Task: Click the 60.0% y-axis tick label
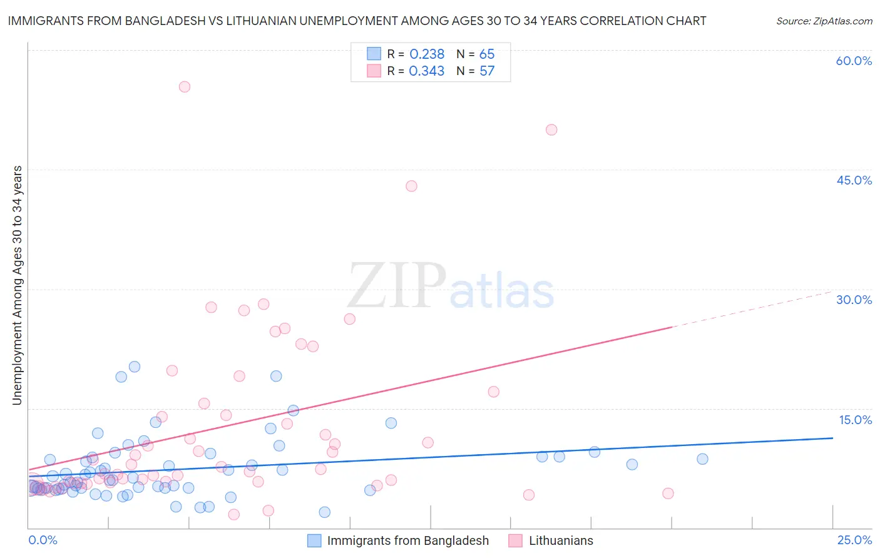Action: [x=854, y=61]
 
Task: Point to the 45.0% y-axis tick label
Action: [x=854, y=180]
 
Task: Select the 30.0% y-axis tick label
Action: [x=854, y=300]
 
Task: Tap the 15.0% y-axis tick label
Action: [x=855, y=420]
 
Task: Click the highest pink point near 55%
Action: [x=184, y=87]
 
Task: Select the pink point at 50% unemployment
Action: [x=551, y=130]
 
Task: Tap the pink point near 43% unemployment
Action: [x=411, y=186]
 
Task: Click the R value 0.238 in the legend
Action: [x=427, y=54]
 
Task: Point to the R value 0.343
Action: [x=427, y=71]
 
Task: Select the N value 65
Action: [x=487, y=54]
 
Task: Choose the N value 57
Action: [x=487, y=71]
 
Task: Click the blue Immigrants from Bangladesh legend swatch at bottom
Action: [x=314, y=541]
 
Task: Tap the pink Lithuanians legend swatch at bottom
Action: [x=516, y=541]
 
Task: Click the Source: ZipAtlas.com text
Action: [x=824, y=21]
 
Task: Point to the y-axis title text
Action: [x=18, y=285]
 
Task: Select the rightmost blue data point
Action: [x=702, y=459]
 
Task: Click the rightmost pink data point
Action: [x=668, y=494]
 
